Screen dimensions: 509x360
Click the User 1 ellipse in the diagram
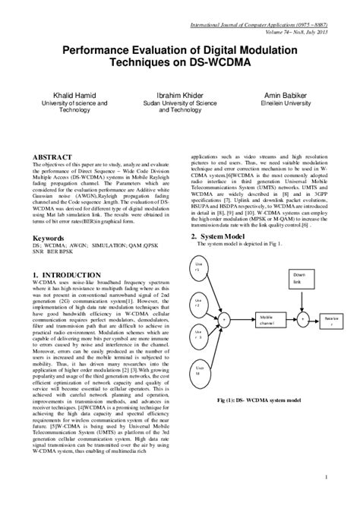[198, 267]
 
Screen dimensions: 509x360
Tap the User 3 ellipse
[198, 335]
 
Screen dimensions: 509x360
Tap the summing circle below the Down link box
[302, 319]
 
